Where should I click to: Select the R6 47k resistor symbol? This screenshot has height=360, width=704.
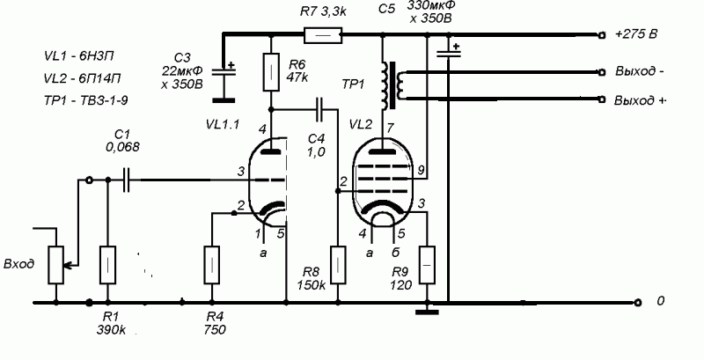click(x=273, y=69)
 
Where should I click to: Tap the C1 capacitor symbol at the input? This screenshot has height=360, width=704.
click(x=128, y=180)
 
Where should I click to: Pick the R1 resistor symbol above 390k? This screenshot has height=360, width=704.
click(x=107, y=266)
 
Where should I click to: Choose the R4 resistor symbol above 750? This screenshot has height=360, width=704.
click(x=211, y=262)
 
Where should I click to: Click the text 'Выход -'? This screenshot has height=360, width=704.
click(x=638, y=71)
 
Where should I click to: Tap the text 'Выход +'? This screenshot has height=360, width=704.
click(x=639, y=101)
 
